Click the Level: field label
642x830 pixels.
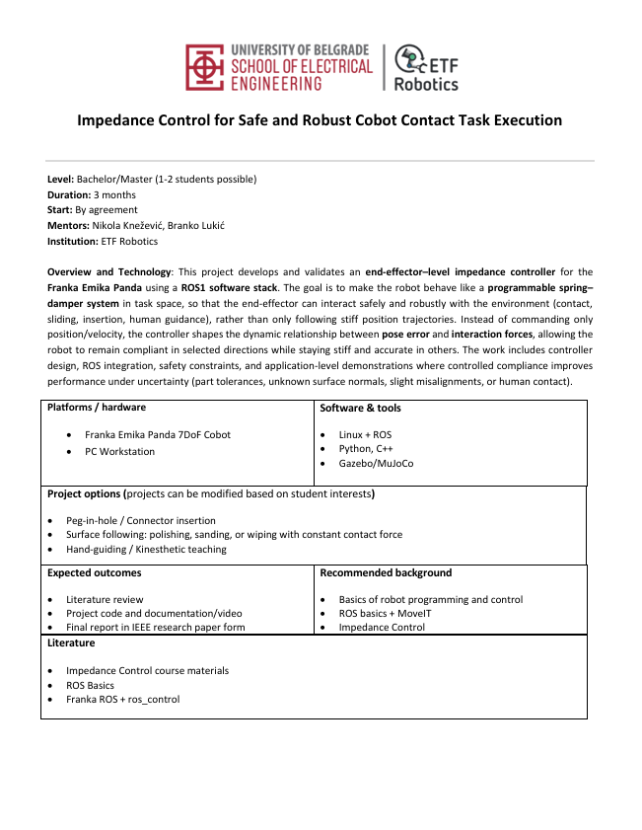(x=61, y=179)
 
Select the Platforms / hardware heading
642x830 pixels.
(x=97, y=408)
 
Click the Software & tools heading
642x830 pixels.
(x=360, y=408)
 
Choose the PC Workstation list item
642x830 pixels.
(x=120, y=451)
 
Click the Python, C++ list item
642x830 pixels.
(x=364, y=449)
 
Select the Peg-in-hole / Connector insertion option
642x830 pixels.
(x=140, y=520)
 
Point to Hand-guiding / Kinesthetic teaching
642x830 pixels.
(x=146, y=549)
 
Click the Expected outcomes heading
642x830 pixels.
(x=94, y=572)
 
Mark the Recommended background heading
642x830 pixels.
(x=386, y=572)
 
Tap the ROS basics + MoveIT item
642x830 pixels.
(x=386, y=613)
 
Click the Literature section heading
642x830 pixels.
(x=71, y=642)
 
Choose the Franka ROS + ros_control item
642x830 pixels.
(x=123, y=700)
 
